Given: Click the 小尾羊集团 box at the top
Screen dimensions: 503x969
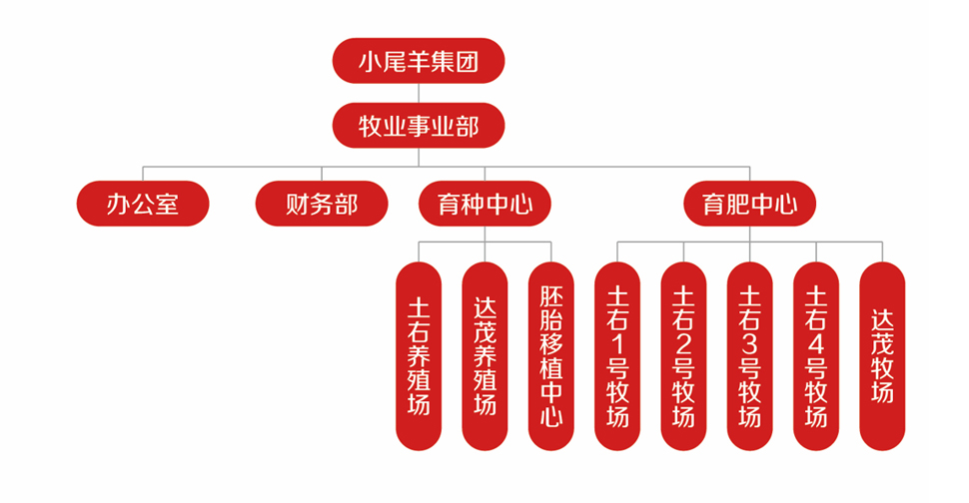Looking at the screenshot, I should point(419,61).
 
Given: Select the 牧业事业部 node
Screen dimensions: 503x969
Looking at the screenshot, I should point(419,125).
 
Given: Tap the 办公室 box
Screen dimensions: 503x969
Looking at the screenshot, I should point(143,205).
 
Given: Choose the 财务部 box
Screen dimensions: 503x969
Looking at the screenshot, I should point(321,205).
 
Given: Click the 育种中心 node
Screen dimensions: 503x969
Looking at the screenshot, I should point(484,205).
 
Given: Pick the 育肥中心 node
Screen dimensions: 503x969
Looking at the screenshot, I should point(749,205).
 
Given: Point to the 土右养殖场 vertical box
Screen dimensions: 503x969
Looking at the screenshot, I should point(419,356).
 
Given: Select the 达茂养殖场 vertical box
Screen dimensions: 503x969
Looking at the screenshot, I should point(484,356).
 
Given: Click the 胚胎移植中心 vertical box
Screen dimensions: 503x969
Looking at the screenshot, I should point(550,356).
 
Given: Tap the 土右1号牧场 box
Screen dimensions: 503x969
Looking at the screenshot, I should point(617,356).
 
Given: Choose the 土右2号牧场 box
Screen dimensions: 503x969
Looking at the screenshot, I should point(683,356).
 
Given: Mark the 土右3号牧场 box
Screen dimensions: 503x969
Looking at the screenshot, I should point(749,356).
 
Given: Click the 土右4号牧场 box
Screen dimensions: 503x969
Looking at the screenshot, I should point(815,356).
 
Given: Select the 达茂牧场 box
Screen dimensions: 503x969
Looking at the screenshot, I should point(882,356).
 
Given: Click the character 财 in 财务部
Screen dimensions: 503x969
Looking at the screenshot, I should point(297,205).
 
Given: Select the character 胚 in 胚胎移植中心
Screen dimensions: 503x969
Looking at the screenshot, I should point(550,297).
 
